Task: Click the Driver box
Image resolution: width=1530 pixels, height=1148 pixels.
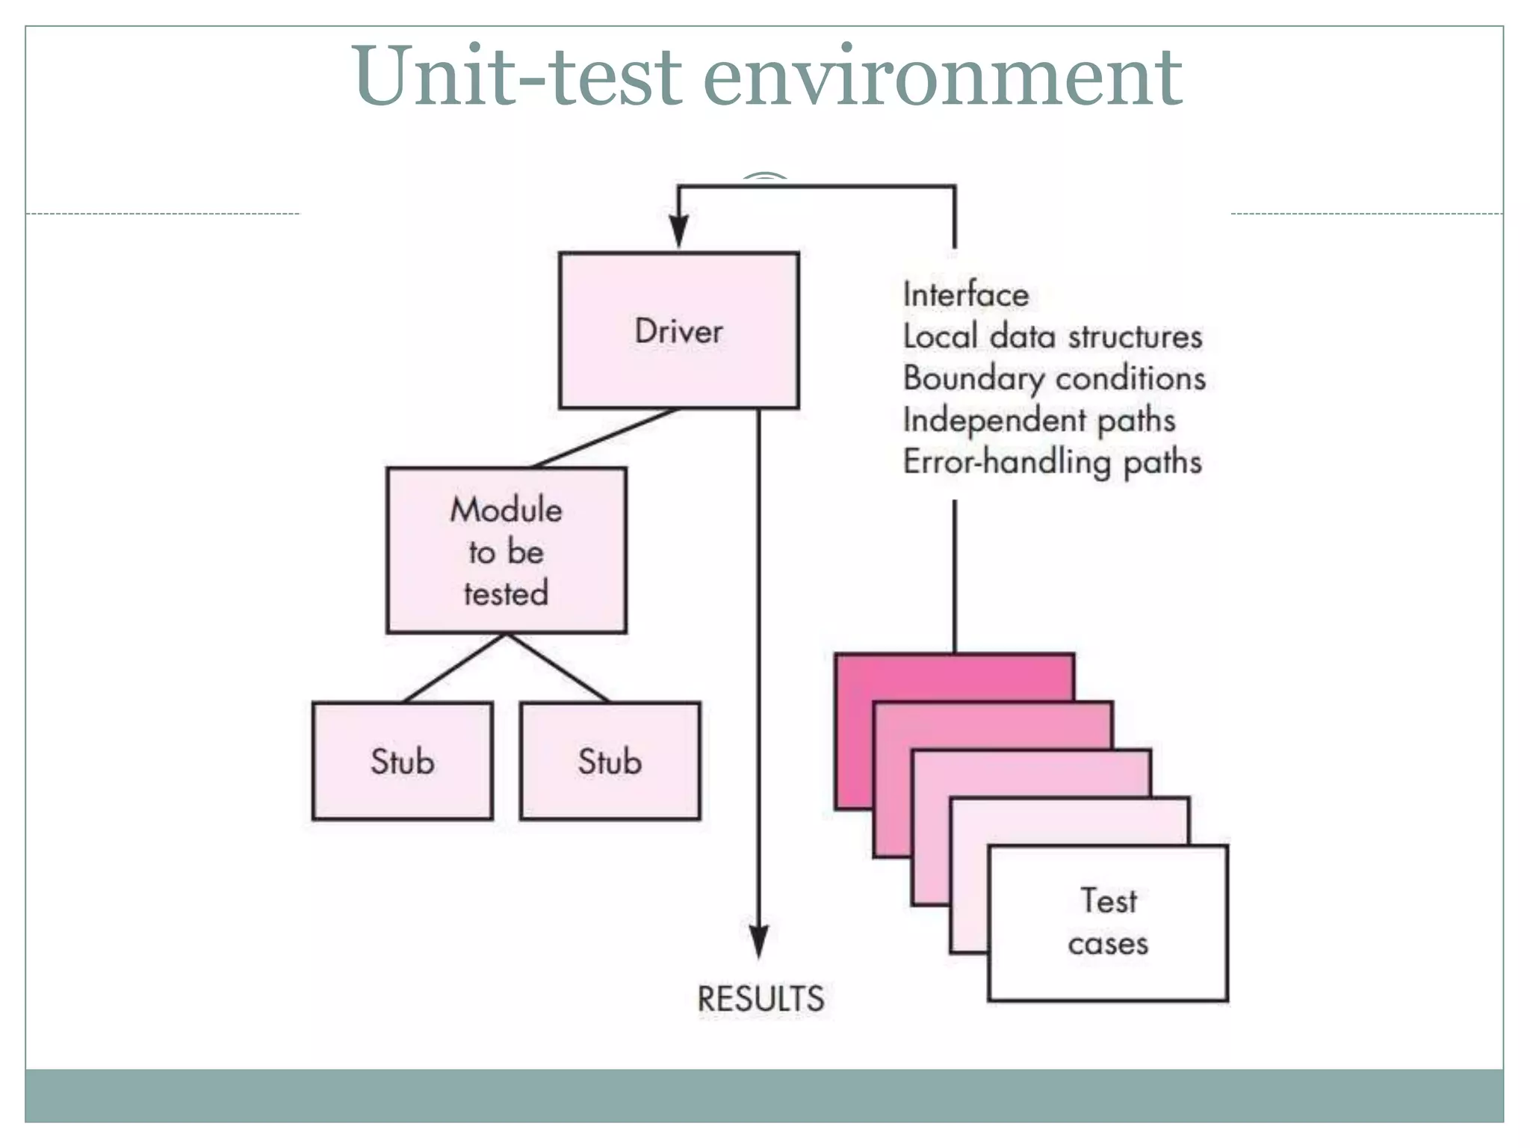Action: point(678,330)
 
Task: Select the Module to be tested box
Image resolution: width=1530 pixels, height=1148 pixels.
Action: point(506,551)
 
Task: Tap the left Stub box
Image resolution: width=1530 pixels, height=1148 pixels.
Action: point(402,761)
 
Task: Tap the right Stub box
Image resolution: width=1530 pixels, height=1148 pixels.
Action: point(610,761)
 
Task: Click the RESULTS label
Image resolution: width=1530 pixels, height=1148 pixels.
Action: point(761,999)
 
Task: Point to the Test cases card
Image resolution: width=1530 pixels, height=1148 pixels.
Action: point(1108,922)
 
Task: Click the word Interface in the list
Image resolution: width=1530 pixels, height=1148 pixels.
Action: point(965,294)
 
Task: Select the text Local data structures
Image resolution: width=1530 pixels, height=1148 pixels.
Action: point(1052,336)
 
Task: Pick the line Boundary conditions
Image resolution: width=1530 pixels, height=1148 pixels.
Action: point(1054,378)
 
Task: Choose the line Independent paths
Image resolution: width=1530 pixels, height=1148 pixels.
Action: point(1038,420)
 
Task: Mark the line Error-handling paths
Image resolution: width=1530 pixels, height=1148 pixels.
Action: point(1052,462)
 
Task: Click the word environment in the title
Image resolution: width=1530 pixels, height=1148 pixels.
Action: point(943,76)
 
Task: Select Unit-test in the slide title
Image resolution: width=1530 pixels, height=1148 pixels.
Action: point(515,76)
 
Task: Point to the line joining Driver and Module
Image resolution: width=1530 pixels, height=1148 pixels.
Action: point(605,438)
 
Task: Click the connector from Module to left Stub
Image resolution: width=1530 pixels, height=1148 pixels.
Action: point(454,667)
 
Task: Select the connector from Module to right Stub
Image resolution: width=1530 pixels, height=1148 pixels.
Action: point(557,667)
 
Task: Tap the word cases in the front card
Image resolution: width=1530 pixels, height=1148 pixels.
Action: point(1108,944)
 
